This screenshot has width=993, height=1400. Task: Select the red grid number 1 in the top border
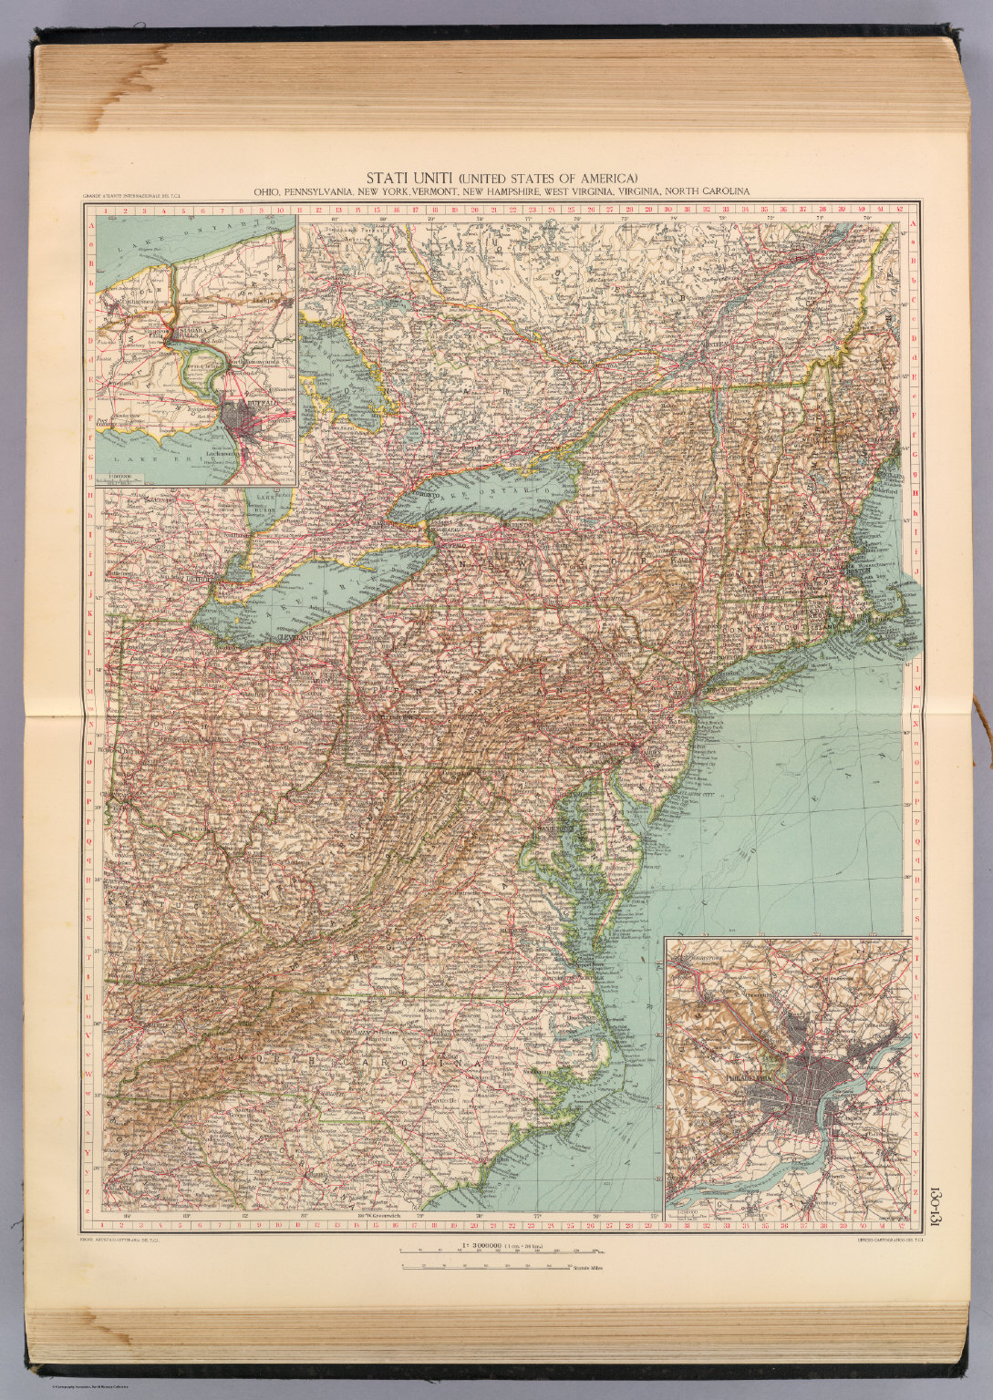[x=108, y=210]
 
